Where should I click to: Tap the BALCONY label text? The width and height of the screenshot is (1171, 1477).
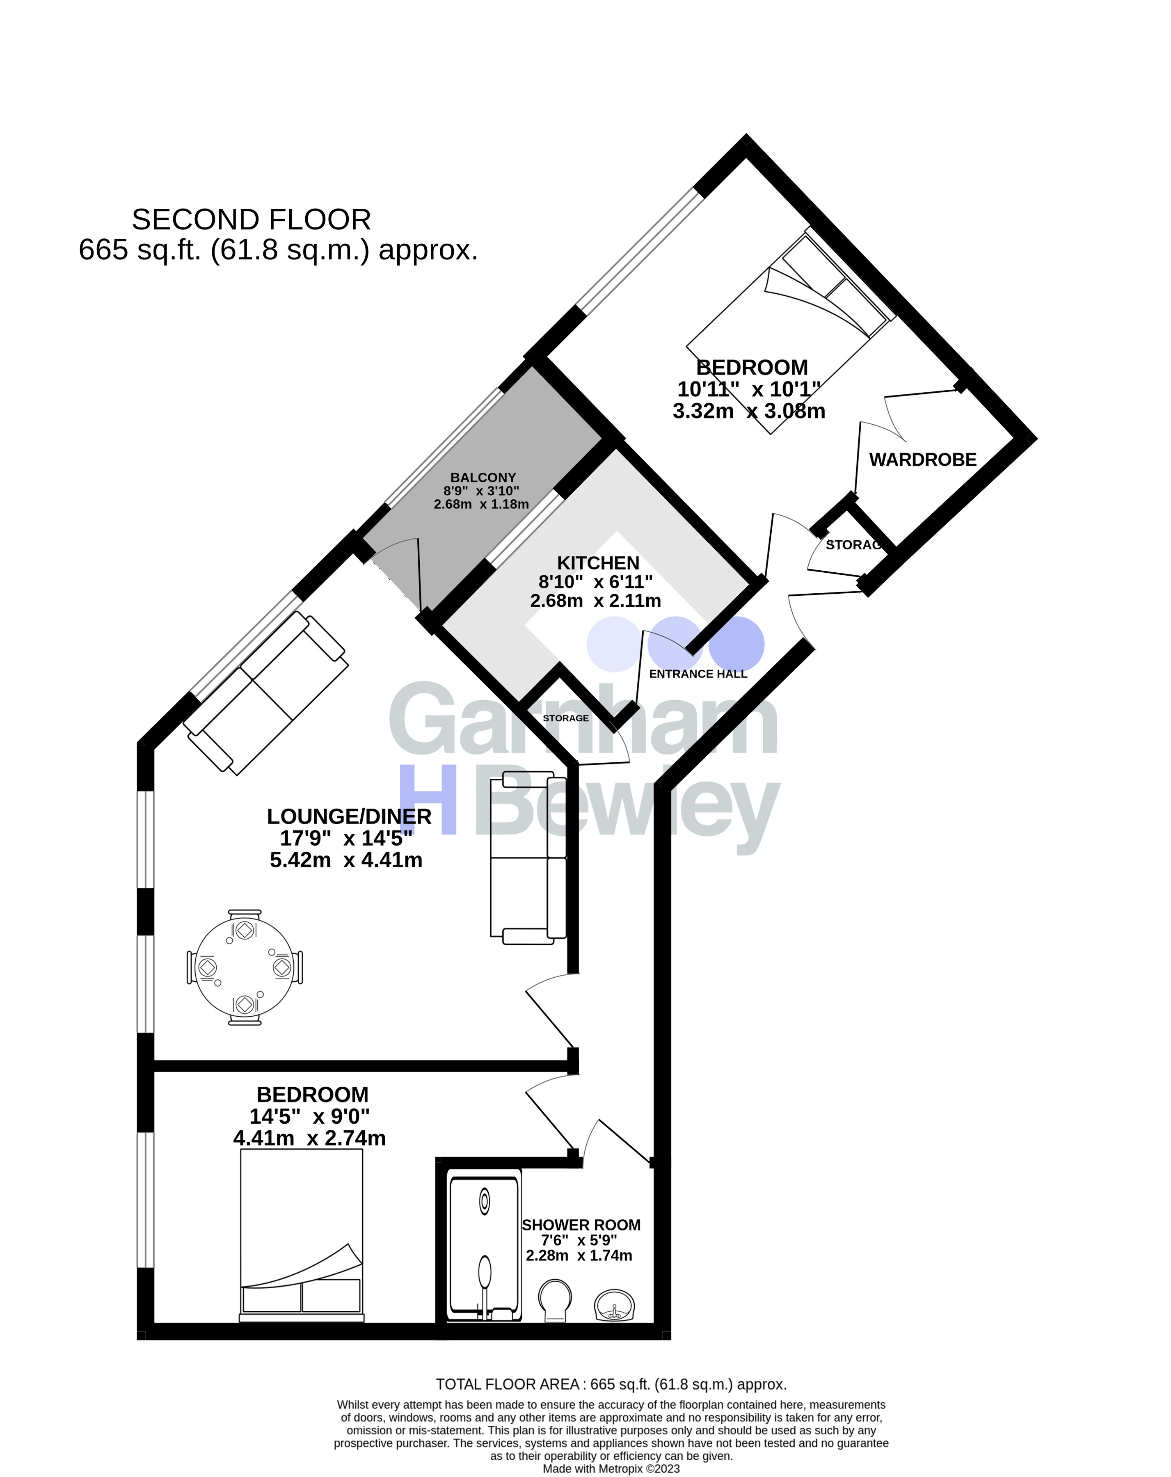(483, 478)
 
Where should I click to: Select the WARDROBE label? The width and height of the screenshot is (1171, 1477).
(923, 460)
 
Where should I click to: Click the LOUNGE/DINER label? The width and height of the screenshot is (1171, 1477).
(350, 816)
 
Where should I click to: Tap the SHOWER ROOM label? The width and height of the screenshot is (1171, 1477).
(581, 1225)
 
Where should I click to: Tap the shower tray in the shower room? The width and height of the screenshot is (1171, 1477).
(484, 1248)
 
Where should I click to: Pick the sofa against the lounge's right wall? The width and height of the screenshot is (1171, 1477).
(528, 858)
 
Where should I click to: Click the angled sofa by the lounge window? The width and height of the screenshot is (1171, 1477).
(267, 693)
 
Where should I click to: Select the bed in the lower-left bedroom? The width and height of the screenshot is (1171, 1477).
(302, 1235)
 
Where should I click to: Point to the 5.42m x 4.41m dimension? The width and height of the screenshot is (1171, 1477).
(346, 860)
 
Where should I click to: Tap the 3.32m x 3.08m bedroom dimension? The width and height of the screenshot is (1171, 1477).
(749, 411)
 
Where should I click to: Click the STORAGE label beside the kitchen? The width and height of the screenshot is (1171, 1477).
(565, 718)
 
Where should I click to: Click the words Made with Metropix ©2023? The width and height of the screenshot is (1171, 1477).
(611, 1468)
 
